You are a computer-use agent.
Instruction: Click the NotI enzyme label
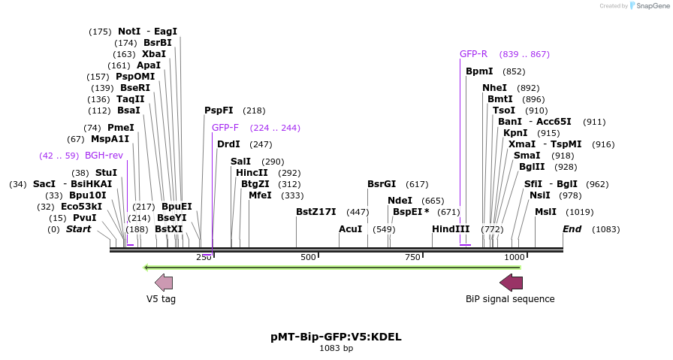(x=129, y=32)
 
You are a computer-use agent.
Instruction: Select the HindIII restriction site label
(x=451, y=228)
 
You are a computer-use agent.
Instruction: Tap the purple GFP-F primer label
(x=225, y=128)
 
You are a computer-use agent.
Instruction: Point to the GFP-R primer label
(x=473, y=54)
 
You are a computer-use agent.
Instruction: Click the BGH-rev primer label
(x=104, y=156)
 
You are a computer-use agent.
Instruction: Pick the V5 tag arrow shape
(x=164, y=283)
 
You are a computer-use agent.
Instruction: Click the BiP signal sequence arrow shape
(x=512, y=283)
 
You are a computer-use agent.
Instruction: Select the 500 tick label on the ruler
(x=308, y=257)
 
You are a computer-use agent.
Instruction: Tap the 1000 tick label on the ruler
(x=514, y=257)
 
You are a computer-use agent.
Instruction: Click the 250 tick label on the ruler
(x=204, y=257)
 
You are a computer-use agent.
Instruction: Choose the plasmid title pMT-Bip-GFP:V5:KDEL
(x=336, y=337)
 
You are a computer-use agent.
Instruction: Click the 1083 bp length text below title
(x=336, y=348)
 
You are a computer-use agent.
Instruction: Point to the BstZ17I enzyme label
(x=316, y=212)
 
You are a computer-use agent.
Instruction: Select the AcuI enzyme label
(x=351, y=228)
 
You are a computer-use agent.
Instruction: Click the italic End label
(x=572, y=228)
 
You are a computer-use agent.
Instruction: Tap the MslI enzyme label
(x=545, y=212)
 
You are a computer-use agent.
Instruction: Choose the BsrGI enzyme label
(x=382, y=184)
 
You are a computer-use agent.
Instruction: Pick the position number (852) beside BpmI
(x=514, y=71)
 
